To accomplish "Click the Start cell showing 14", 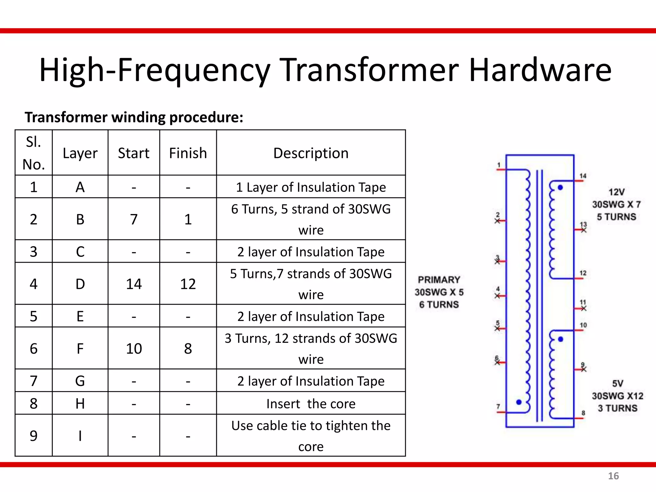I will click(134, 284).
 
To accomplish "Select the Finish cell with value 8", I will click(188, 348).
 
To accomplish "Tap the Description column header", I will click(311, 153).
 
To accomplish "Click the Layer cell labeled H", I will click(80, 403).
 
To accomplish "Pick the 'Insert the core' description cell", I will click(311, 404).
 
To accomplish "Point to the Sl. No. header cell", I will click(34, 153).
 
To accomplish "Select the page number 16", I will click(613, 476).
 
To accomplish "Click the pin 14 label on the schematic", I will click(583, 176).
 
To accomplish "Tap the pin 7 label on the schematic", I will click(498, 406).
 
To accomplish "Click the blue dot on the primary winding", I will click(519, 402).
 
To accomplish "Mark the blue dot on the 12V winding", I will click(560, 188).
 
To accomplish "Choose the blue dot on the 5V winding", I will click(561, 339).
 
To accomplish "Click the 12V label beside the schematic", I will click(616, 192).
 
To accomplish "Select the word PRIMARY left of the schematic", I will click(439, 280).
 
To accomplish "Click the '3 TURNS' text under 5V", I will click(618, 408).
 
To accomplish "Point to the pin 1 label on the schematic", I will click(499, 165).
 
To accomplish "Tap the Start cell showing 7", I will click(134, 219).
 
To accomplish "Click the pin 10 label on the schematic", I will click(583, 325).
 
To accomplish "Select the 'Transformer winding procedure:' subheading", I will click(134, 117).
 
